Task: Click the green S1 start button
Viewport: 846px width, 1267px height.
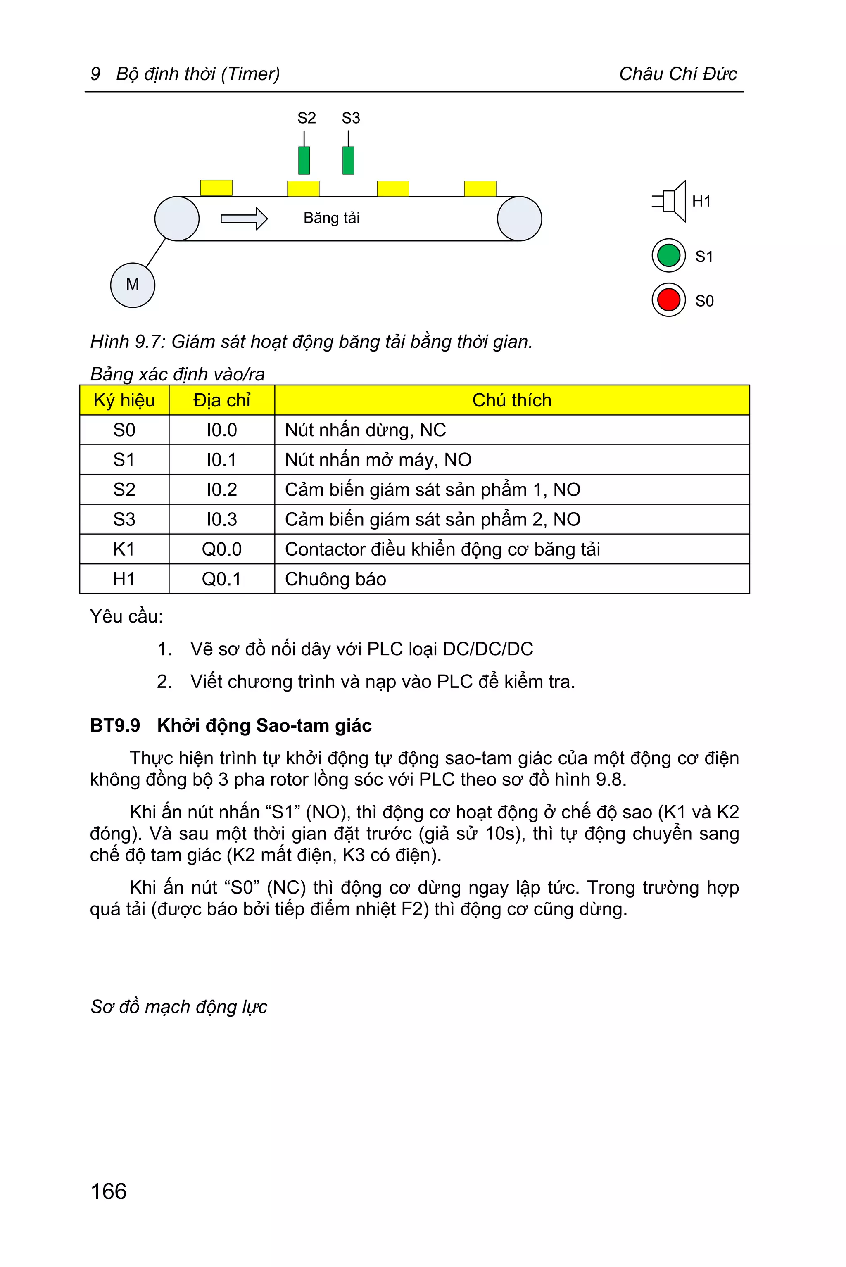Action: click(x=668, y=255)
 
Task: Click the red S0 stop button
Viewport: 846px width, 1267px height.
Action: click(x=668, y=300)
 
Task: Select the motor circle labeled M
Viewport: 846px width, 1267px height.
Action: click(x=132, y=285)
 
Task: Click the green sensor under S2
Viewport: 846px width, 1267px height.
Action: click(x=304, y=160)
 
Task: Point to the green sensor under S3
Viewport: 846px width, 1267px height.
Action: click(x=349, y=160)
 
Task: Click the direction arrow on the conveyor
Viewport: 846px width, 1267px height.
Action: click(x=244, y=219)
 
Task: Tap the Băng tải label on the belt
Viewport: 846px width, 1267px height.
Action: click(x=331, y=218)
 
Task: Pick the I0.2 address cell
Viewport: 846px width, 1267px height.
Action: click(x=221, y=490)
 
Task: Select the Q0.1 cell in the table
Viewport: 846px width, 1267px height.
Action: click(x=221, y=579)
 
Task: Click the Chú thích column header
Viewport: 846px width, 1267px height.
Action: click(x=511, y=400)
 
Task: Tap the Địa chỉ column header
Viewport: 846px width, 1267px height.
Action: click(x=221, y=400)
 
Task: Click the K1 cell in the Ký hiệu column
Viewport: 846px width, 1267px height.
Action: click(x=124, y=549)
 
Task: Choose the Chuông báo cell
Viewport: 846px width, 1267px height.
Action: click(x=335, y=579)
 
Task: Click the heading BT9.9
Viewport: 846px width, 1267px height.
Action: click(x=115, y=726)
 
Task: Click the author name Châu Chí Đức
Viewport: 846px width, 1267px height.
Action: click(x=677, y=74)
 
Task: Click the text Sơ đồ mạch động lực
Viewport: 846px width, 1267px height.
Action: click(x=178, y=1007)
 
